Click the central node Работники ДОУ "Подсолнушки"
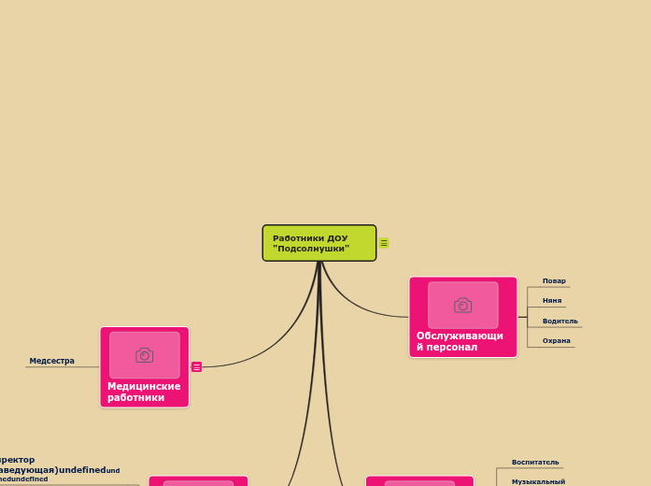318,243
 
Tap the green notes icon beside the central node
384,243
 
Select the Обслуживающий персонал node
462,317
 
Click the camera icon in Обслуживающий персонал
462,305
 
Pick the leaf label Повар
554,281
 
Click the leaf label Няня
552,301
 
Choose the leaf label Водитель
559,322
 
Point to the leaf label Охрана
556,341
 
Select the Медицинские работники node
144,367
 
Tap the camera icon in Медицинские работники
144,355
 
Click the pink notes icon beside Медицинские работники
196,367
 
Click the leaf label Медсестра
51,361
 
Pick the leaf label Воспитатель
535,462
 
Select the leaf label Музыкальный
538,481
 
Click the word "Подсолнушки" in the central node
311,249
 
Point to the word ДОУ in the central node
337,238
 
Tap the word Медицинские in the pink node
144,386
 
